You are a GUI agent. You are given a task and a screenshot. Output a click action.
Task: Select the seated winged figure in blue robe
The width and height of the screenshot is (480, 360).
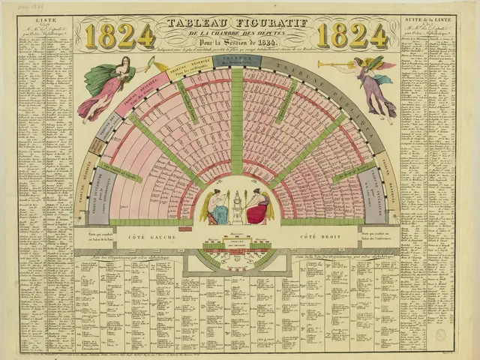pos(220,205)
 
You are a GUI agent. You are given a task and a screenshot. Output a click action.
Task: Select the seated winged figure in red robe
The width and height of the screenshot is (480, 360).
pos(256,205)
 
